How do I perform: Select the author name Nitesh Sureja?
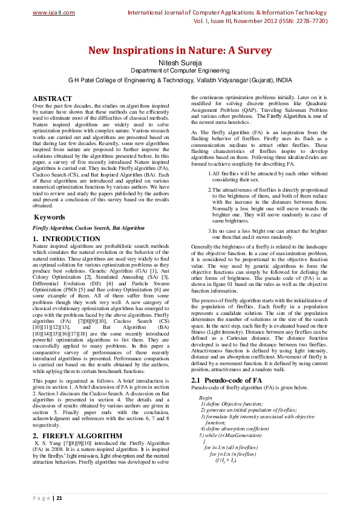180,62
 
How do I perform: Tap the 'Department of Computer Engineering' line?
180,70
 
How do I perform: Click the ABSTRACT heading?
52,98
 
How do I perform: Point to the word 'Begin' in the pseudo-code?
205,398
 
